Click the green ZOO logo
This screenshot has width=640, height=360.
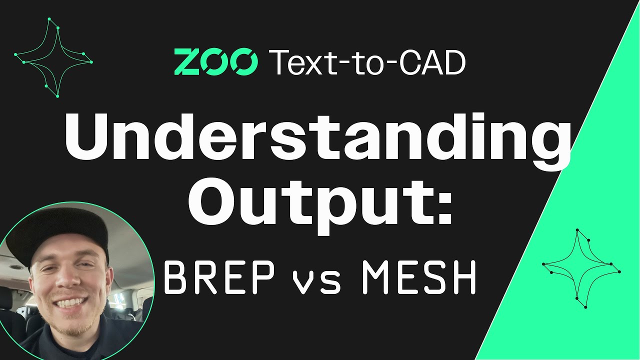(215, 62)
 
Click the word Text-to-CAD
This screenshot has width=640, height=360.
(367, 62)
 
